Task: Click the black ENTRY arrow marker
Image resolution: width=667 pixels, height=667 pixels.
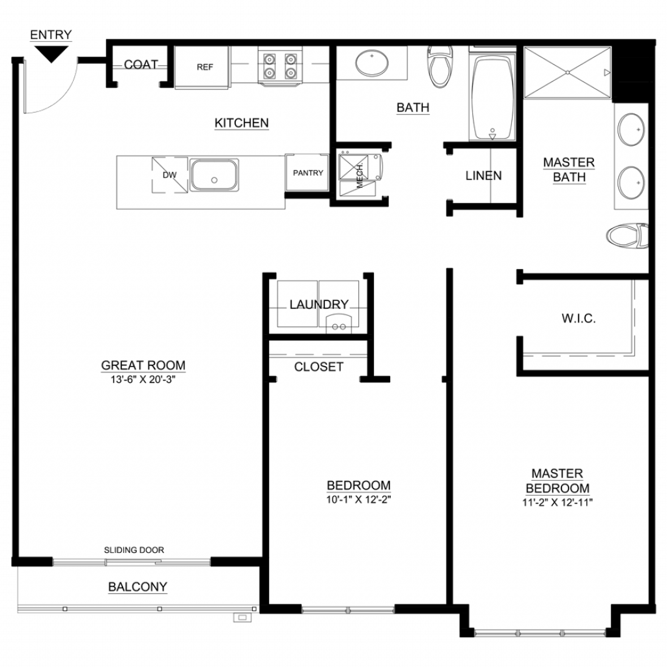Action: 51,53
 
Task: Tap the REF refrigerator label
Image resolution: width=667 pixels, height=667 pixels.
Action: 205,67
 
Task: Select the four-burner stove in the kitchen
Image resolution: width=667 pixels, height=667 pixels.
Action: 280,66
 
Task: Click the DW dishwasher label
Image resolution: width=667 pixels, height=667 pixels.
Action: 170,175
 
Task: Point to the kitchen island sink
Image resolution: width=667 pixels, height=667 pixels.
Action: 214,175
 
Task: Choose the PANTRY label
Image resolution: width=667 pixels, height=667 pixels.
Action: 308,173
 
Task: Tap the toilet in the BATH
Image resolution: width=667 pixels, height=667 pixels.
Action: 440,66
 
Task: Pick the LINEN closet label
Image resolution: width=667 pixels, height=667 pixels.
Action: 483,176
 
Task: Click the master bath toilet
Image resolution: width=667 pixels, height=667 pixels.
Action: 627,235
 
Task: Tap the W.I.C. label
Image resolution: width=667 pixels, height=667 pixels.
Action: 578,318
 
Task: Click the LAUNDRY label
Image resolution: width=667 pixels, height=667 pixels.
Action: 319,305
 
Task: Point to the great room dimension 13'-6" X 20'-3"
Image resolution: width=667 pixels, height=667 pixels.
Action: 143,380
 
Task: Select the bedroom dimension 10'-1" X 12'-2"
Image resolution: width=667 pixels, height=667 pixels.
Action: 359,500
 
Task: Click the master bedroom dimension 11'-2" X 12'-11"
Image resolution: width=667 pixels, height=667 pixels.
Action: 558,502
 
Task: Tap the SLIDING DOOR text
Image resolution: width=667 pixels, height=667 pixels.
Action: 134,550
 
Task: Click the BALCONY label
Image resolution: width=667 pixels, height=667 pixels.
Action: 137,587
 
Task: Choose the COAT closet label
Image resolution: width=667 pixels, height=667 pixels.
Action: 141,64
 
